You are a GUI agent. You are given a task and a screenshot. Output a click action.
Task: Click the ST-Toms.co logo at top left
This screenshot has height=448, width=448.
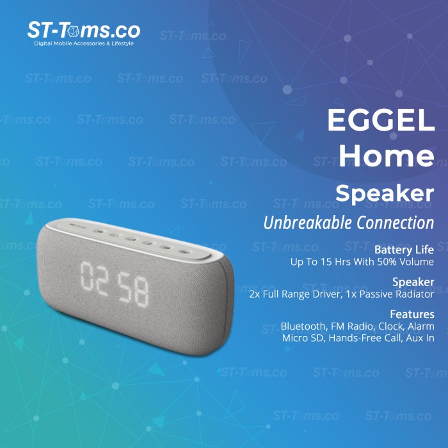tap(83, 30)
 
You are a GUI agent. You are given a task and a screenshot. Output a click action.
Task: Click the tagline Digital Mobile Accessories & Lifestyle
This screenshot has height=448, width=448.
tap(83, 44)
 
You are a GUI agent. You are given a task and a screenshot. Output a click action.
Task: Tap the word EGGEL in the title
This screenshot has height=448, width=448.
tap(381, 120)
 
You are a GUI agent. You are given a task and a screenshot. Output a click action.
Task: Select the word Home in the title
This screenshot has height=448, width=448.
tap(387, 156)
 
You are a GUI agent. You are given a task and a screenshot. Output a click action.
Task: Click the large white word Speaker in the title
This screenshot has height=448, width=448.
tap(384, 193)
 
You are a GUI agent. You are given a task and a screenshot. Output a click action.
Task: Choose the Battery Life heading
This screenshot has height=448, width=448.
tap(404, 250)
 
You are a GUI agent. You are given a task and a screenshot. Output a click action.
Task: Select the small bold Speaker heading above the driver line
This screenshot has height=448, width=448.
tap(413, 282)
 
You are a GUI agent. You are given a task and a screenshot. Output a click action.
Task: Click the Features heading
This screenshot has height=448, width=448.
tap(412, 314)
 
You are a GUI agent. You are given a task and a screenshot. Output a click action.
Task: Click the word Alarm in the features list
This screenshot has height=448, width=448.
tap(420, 326)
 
